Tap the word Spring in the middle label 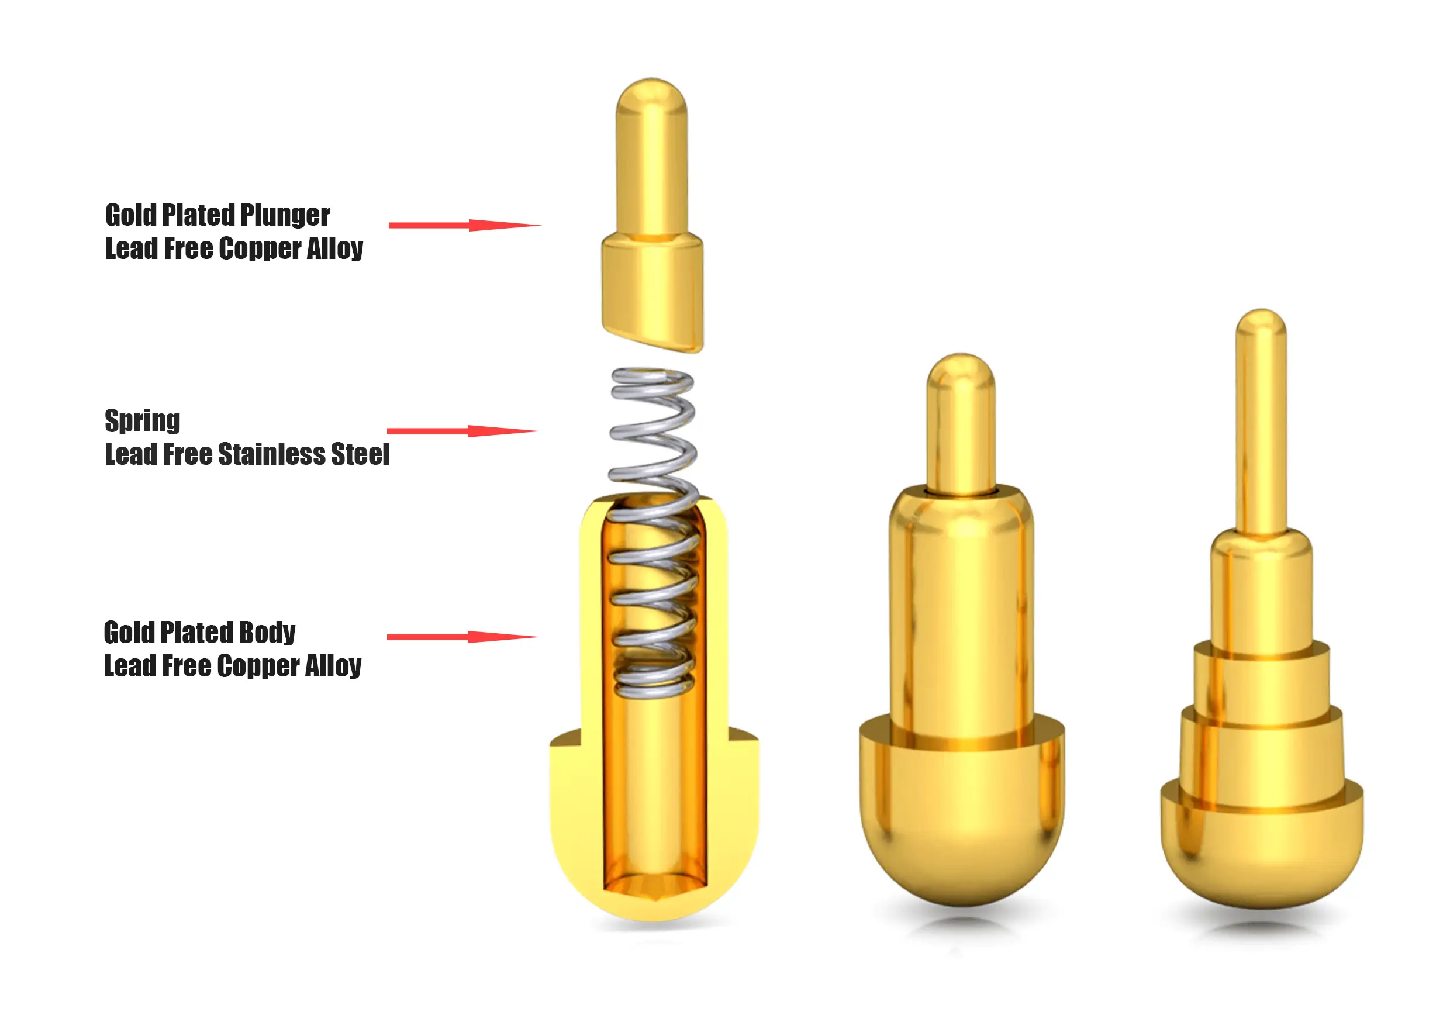tap(143, 422)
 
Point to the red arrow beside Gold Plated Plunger tap(464, 225)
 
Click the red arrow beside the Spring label tap(463, 431)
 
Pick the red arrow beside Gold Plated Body tap(463, 637)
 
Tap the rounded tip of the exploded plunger tap(651, 95)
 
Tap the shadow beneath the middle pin tap(962, 926)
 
